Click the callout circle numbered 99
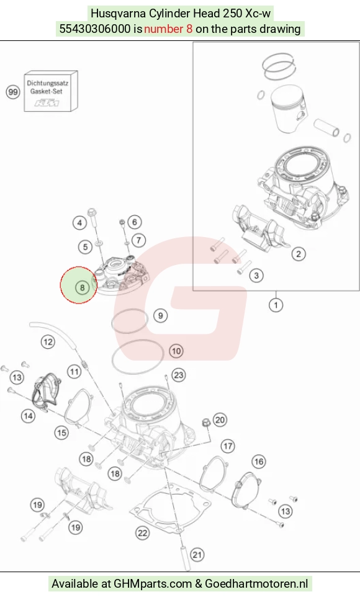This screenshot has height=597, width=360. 13,92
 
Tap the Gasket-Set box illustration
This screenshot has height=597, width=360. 51,91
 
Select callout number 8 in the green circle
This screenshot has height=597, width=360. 82,287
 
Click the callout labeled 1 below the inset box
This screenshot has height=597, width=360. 276,305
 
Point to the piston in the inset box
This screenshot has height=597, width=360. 287,109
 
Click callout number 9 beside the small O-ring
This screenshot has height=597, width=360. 160,316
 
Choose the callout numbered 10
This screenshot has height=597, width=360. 176,351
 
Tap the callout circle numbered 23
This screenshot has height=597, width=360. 179,375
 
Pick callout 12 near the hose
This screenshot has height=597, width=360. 48,342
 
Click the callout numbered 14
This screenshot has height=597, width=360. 28,416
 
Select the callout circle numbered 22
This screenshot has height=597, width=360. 143,533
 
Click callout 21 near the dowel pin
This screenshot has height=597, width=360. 197,555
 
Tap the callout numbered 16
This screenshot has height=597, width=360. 259,462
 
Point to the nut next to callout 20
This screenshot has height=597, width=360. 205,422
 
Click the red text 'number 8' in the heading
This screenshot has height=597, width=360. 168,29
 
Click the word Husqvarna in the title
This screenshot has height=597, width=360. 118,13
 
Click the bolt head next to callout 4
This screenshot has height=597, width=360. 92,212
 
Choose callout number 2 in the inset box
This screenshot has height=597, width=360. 299,254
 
